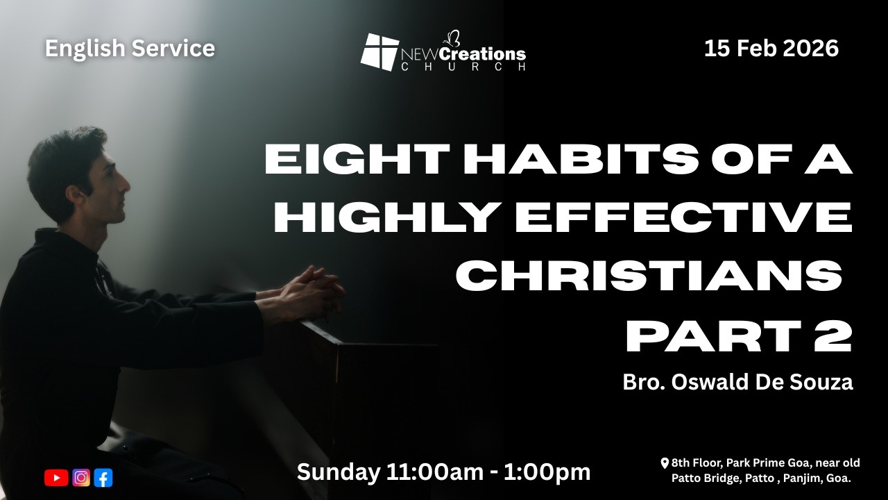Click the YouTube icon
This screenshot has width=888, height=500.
tap(56, 478)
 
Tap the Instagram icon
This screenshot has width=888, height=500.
tap(81, 477)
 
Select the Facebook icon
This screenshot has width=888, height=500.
tap(103, 478)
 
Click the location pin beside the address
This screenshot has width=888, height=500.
tap(665, 463)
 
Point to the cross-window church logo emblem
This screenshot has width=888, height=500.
tap(379, 52)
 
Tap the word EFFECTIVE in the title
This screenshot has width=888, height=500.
tap(683, 217)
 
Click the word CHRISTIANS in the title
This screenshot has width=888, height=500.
tap(649, 276)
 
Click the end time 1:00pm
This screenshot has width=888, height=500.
tap(547, 473)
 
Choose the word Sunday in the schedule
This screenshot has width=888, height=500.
tap(338, 473)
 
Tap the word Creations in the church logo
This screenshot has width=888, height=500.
tap(483, 54)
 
